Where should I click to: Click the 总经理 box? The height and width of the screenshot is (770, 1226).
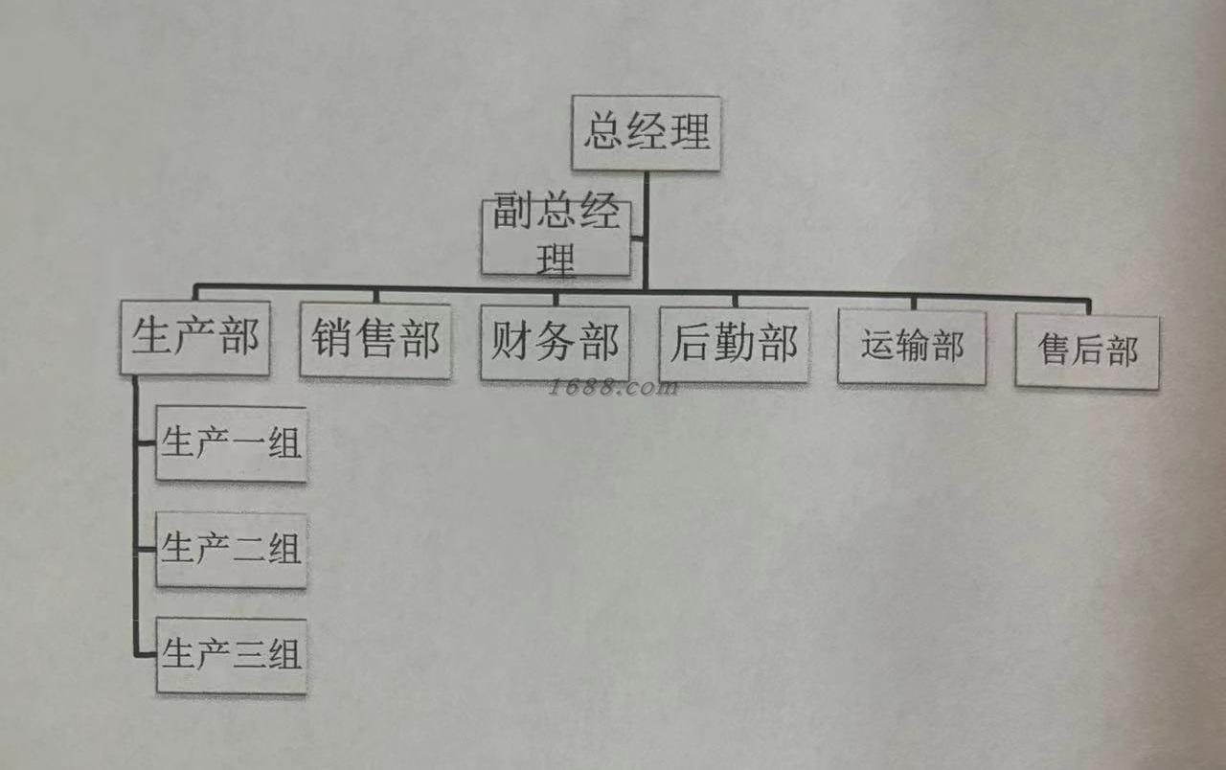[x=646, y=133]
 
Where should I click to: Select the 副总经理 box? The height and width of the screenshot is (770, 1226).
[x=556, y=237]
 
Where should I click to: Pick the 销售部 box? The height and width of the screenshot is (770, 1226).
[x=375, y=341]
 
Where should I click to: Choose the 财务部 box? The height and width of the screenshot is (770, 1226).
[x=555, y=343]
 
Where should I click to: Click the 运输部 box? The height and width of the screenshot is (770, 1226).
[x=912, y=347]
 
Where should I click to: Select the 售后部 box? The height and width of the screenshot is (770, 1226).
[x=1087, y=351]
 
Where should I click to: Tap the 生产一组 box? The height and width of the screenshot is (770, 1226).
[x=231, y=444]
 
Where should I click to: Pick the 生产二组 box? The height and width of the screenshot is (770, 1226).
[x=231, y=550]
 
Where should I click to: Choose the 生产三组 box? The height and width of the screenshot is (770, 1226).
[x=231, y=656]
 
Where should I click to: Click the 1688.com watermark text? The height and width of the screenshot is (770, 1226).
[x=613, y=388]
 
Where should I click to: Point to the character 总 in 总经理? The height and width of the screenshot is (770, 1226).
[x=603, y=132]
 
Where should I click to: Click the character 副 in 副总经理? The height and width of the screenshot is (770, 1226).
[x=513, y=214]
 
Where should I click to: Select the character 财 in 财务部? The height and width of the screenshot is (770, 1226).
[x=511, y=342]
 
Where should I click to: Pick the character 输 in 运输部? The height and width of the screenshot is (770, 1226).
[x=912, y=347]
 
